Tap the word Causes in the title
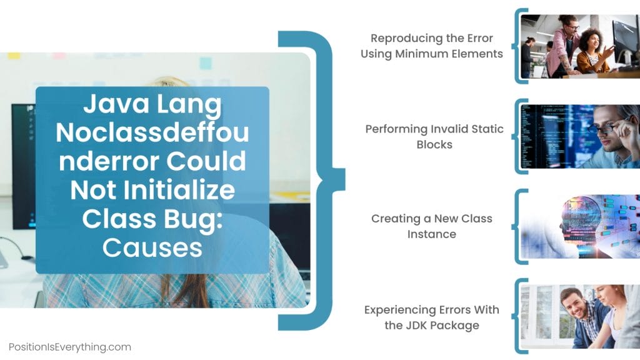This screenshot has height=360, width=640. [152, 247]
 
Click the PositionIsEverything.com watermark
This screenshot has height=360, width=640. [69, 346]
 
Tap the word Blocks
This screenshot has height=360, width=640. [434, 144]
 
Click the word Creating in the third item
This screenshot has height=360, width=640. [396, 219]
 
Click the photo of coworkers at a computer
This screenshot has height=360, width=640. [580, 46]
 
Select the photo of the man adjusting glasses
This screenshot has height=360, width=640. [580, 136]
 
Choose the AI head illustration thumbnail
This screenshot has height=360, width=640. [580, 226]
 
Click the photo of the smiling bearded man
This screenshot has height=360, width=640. [580, 317]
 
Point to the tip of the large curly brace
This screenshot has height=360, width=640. [342, 180]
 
